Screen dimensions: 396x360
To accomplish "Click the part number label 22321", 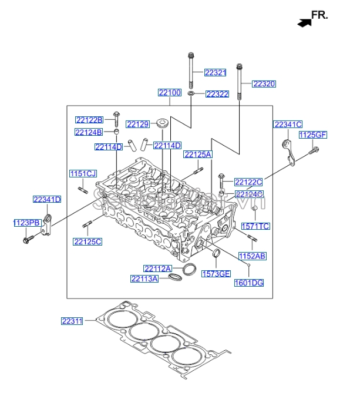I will click(x=215, y=73).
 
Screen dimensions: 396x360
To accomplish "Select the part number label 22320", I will click(x=264, y=84).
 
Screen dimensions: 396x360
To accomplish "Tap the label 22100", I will click(x=169, y=93).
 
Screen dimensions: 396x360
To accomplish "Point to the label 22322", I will click(x=217, y=94).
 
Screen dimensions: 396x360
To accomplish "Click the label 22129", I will click(x=138, y=124).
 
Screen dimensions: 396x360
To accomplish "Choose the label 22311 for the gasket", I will click(x=72, y=321).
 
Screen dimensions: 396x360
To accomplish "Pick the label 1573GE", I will click(x=216, y=274).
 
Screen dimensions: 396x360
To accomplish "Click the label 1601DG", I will click(x=249, y=283).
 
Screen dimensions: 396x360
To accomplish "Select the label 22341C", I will click(x=288, y=124).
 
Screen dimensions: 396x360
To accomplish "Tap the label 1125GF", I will click(x=312, y=135).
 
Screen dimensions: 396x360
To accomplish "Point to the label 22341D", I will click(x=46, y=199).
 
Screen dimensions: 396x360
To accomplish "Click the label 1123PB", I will click(x=27, y=223).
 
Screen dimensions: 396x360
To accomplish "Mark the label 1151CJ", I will click(x=83, y=174).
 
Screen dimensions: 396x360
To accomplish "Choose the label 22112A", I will click(x=157, y=269).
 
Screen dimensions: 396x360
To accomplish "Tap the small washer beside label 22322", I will click(x=192, y=93).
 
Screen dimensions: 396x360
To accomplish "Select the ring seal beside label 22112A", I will click(x=189, y=270).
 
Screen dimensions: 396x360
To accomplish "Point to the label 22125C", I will click(x=88, y=241).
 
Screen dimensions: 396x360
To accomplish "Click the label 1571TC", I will click(x=255, y=226).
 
